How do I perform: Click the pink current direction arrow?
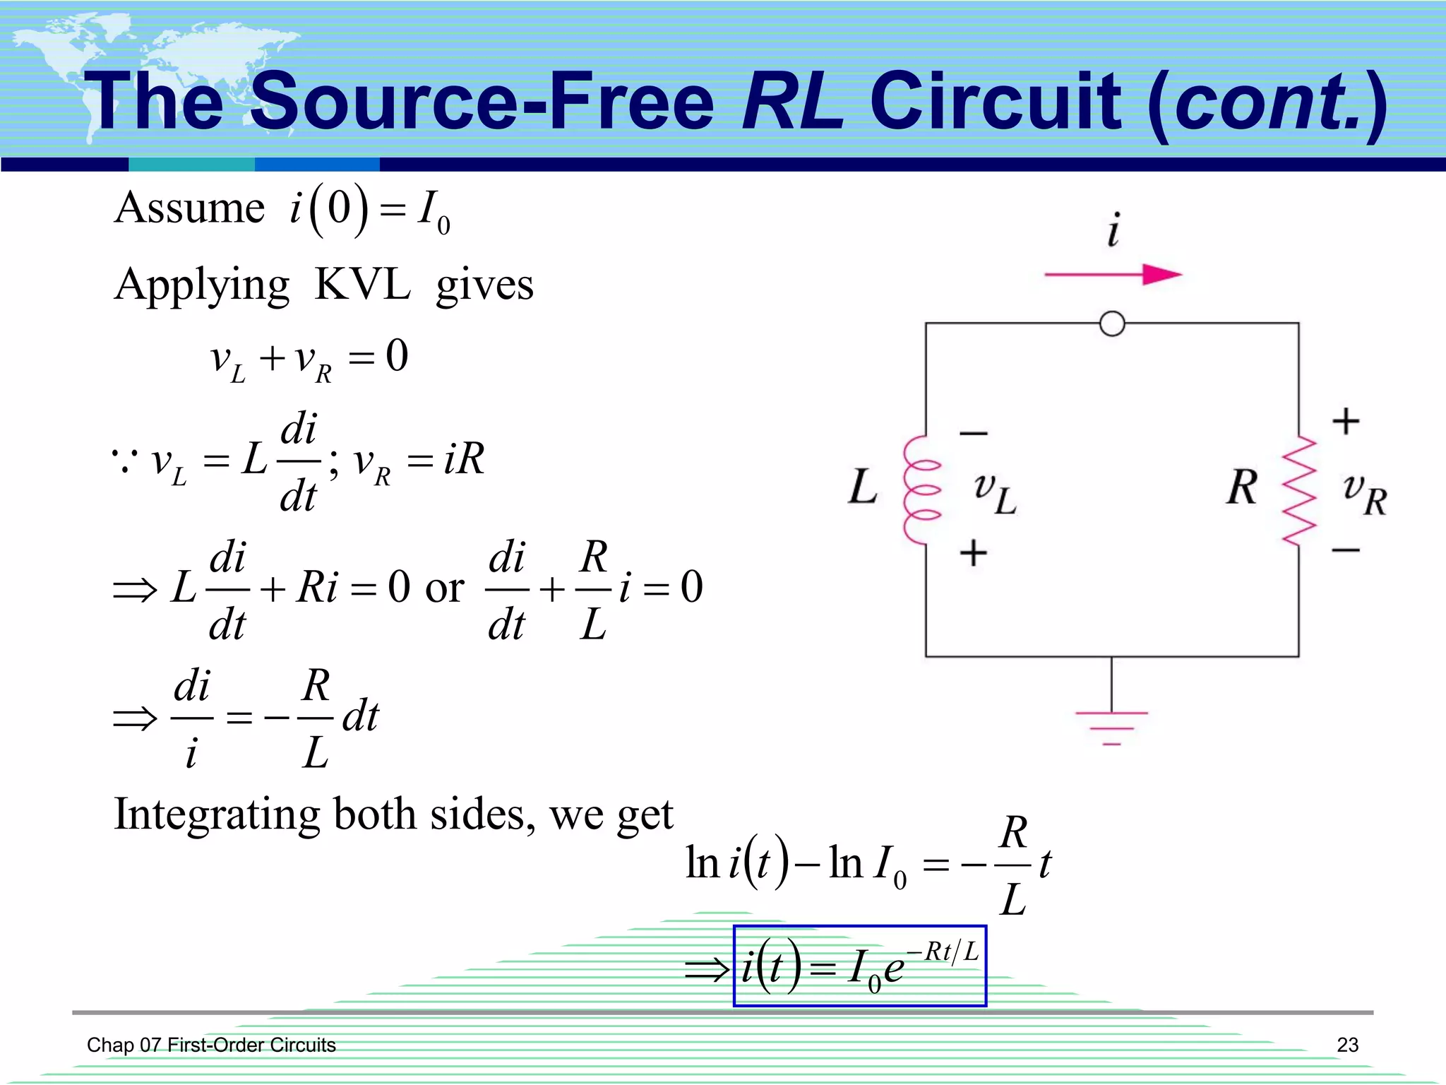pos(1113,274)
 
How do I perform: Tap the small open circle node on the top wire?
pos(1112,324)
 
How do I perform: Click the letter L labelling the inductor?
pos(862,487)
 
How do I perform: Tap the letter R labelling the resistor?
pos(1242,487)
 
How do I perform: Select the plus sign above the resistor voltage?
pos(1346,421)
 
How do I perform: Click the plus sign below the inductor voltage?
pos(973,552)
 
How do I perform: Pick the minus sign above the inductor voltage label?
pos(973,433)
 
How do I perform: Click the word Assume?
pos(189,208)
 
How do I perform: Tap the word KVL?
pos(362,285)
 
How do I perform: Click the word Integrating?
pos(217,814)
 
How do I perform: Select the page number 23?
pos(1347,1045)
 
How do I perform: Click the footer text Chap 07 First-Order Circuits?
pos(211,1045)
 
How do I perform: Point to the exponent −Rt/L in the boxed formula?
pos(943,951)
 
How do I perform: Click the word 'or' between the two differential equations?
pos(444,588)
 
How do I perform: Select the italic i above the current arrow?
pos(1113,230)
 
